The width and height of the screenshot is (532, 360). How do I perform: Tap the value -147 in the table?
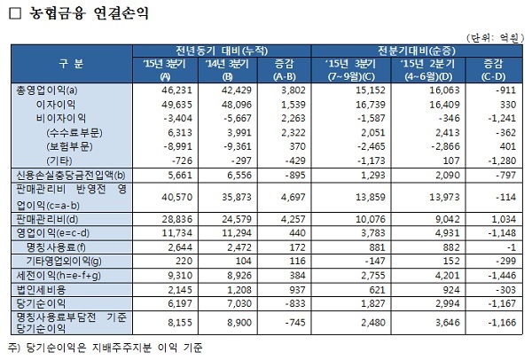tap(358, 262)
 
